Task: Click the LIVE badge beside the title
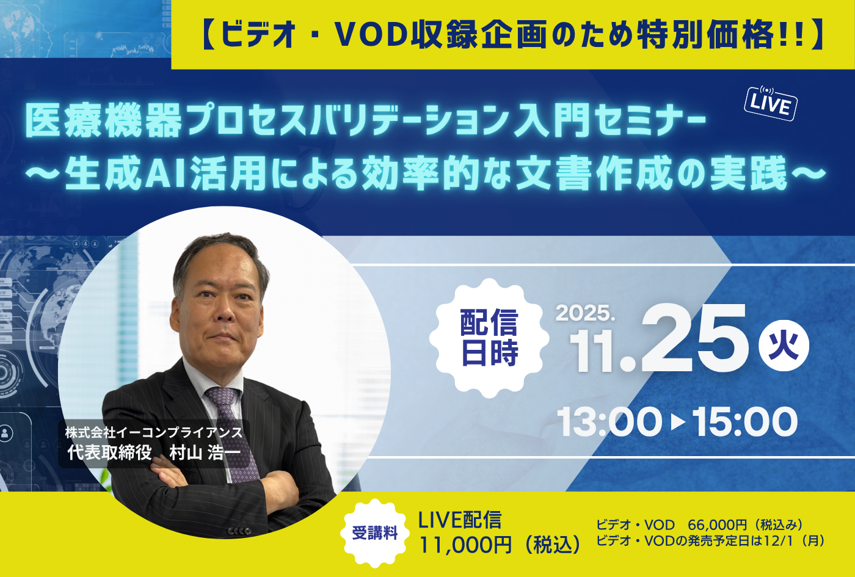pos(771,103)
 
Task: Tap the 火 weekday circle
pos(783,346)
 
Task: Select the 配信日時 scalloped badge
pos(489,338)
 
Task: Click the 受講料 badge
pos(375,532)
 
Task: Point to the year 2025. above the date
pos(585,313)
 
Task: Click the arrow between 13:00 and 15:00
pos(678,422)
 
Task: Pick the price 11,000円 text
pos(465,545)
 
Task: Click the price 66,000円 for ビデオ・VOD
pos(717,525)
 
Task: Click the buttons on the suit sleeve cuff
pos(239,531)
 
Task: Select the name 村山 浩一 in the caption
pos(205,452)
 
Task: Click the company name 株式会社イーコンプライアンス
pos(154,432)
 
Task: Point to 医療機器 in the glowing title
pos(103,121)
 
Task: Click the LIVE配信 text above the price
pos(459,520)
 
